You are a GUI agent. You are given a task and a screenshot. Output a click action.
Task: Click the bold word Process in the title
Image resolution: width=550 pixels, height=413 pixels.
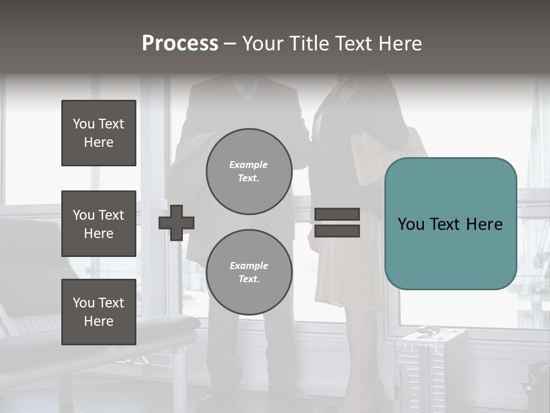[x=180, y=44]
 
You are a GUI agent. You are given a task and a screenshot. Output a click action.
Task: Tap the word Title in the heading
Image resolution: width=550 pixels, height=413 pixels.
[x=307, y=44]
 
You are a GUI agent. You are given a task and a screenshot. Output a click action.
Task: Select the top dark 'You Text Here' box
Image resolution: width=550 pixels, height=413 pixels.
[x=99, y=133]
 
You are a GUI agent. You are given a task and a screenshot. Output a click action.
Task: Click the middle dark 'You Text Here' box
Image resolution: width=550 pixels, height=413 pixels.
[x=99, y=224]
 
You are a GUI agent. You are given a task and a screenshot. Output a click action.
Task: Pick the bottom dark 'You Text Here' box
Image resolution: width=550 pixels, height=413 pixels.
[x=99, y=311]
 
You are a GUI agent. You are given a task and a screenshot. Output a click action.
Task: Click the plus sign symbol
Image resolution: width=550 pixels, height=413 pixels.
[x=176, y=223]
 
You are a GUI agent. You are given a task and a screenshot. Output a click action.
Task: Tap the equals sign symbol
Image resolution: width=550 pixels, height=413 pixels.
[x=337, y=223]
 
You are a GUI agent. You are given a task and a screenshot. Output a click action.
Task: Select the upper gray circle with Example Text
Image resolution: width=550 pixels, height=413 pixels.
[x=249, y=171]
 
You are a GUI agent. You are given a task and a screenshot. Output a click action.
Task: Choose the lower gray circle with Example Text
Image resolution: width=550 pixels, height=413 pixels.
[x=249, y=272]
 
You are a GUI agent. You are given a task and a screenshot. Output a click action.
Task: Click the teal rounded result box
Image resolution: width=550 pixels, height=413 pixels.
[x=450, y=224]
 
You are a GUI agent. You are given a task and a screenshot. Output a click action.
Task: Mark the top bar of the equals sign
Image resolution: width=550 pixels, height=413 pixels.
[x=337, y=215]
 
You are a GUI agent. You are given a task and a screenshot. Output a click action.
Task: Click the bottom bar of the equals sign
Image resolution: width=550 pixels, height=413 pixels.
[x=337, y=231]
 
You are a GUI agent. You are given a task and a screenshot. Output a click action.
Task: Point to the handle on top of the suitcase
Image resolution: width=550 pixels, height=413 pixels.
[x=427, y=330]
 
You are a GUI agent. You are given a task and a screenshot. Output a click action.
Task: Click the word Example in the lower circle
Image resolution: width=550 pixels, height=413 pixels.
[x=249, y=266]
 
